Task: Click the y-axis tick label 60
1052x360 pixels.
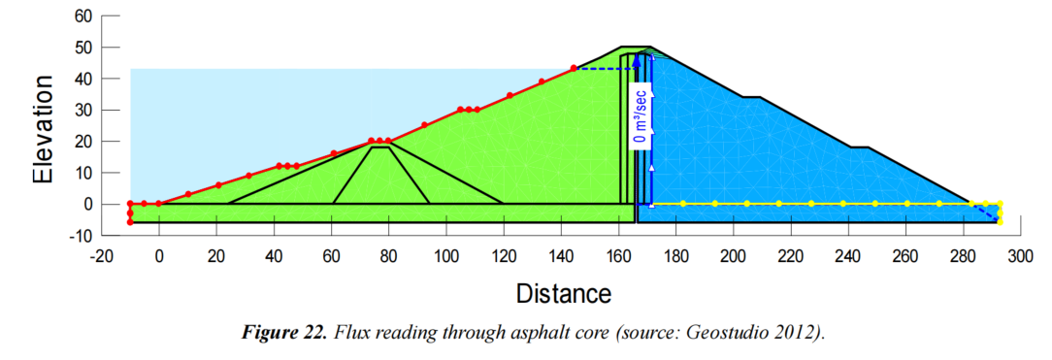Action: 82,16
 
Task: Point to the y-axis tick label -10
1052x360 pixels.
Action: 80,235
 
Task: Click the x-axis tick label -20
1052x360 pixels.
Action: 101,257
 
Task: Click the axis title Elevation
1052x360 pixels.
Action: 43,129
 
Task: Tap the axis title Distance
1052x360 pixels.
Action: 564,293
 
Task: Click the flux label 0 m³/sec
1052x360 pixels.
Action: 641,118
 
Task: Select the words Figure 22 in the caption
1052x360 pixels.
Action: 282,333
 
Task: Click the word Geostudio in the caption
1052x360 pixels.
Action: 712,333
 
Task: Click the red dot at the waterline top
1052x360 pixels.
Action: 574,68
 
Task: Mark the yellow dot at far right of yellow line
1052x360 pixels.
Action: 1000,203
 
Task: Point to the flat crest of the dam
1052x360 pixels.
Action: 636,47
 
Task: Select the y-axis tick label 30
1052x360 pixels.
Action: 82,110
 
